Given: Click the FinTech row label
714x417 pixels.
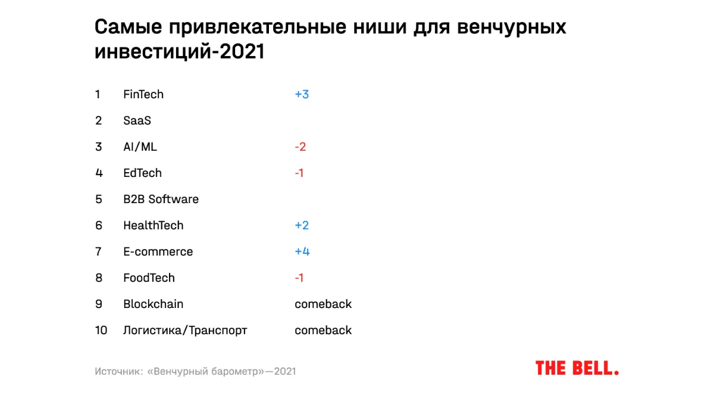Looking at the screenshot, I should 143,94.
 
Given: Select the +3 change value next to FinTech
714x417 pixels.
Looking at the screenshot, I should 302,94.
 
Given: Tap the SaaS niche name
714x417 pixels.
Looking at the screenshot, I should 137,120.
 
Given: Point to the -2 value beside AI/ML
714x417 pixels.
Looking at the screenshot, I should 300,147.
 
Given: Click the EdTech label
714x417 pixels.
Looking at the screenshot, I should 142,173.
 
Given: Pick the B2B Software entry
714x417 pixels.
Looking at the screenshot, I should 161,199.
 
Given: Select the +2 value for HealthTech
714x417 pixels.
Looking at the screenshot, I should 302,225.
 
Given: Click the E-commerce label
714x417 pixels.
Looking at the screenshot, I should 158,251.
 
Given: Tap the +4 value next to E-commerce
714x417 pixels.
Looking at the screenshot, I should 302,251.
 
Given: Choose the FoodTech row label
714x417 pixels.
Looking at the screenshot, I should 149,278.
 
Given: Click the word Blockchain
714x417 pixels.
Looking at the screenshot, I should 153,304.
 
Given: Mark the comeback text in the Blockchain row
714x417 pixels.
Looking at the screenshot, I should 323,304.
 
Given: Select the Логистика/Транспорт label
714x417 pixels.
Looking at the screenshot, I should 184,330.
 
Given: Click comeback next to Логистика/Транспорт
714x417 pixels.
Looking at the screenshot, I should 323,330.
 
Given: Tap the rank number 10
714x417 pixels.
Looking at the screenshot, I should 101,330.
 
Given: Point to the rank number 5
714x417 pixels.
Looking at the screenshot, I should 99,199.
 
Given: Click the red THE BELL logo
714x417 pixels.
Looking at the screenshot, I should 577,368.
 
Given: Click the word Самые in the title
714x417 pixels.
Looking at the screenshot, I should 127,28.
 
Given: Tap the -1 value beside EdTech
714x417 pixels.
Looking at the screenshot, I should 299,173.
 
